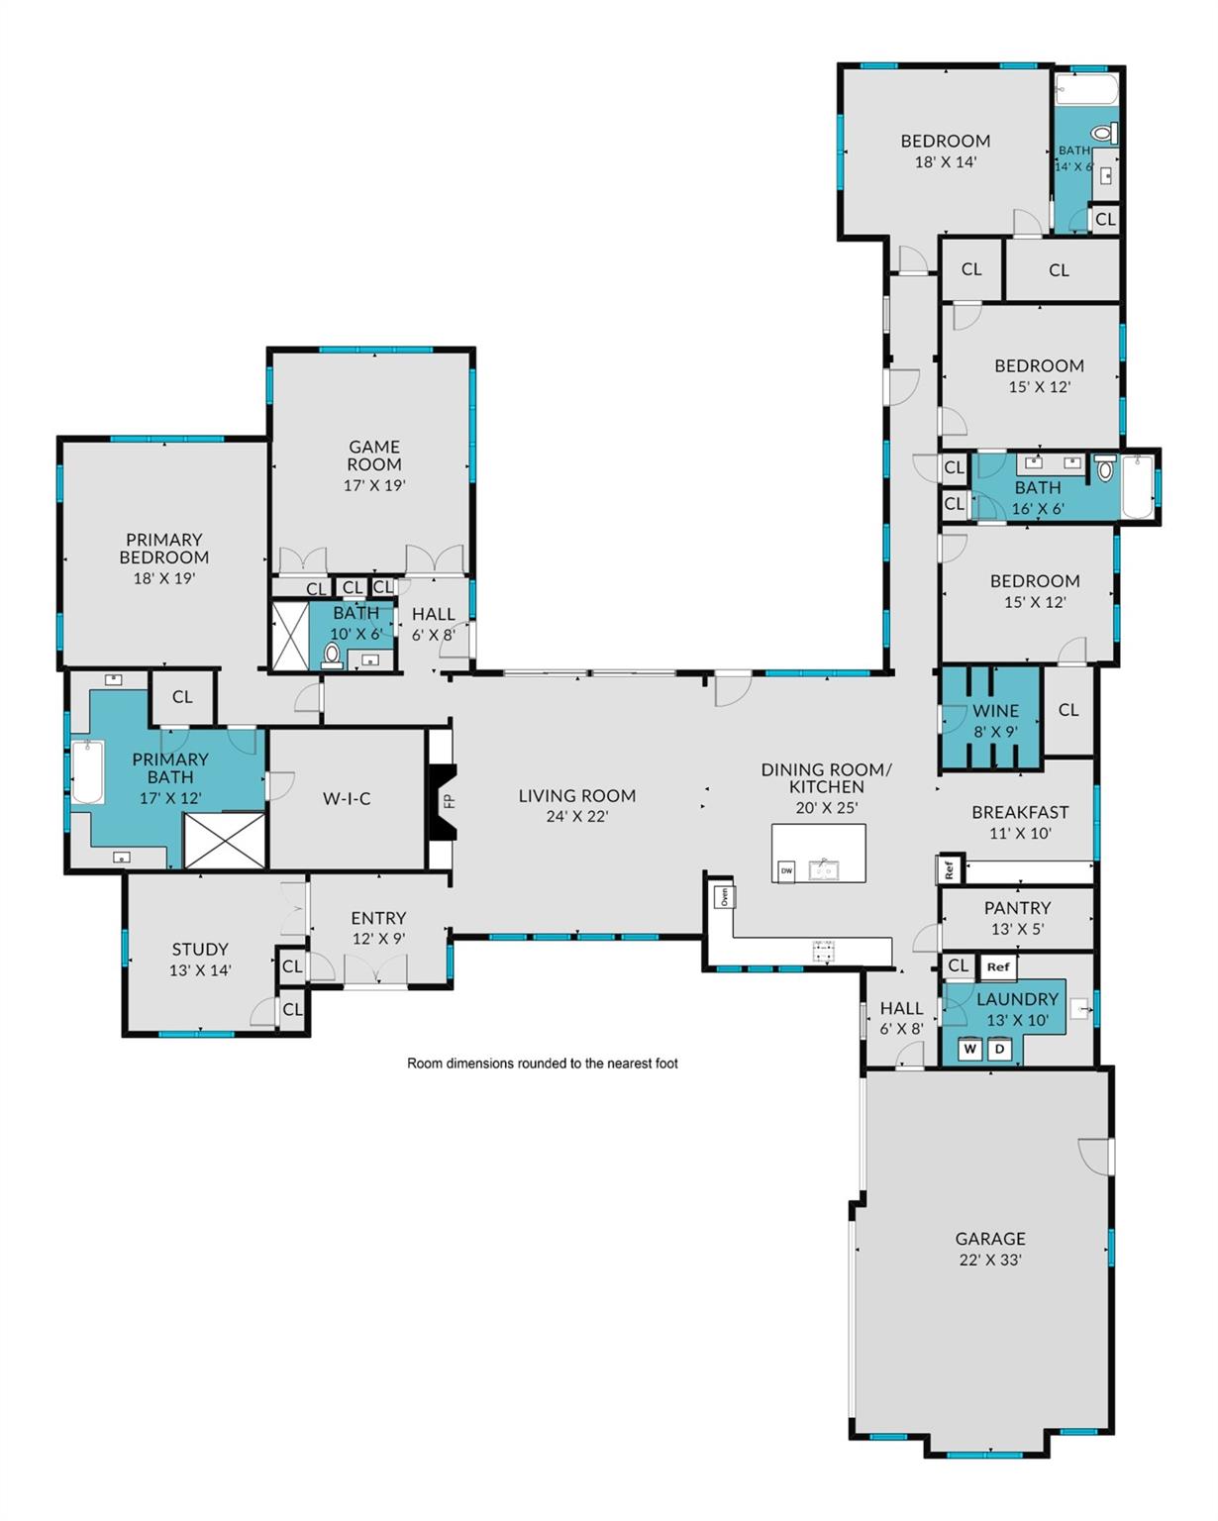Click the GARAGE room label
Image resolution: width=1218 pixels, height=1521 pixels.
pyautogui.click(x=989, y=1238)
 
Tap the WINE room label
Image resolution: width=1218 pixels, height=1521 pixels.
pyautogui.click(x=995, y=710)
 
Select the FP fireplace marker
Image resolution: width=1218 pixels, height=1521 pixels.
pyautogui.click(x=449, y=801)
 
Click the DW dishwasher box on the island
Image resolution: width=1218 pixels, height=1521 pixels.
pyautogui.click(x=786, y=871)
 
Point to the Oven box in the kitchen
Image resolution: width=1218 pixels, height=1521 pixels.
pyautogui.click(x=725, y=897)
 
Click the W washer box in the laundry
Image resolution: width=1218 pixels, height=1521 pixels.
pyautogui.click(x=969, y=1049)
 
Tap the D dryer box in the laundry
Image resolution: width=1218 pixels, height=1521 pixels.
pyautogui.click(x=999, y=1049)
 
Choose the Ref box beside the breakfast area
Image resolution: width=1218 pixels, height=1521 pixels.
pyautogui.click(x=949, y=868)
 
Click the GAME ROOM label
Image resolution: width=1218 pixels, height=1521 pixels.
pyautogui.click(x=374, y=456)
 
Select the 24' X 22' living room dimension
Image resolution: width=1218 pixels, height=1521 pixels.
pyautogui.click(x=577, y=816)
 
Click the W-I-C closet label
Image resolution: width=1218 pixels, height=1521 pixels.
pyautogui.click(x=347, y=799)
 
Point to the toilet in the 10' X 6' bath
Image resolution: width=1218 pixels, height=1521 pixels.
pyautogui.click(x=332, y=656)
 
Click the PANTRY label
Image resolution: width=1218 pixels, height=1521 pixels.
pyautogui.click(x=1017, y=907)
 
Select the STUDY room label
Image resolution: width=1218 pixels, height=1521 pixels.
pyautogui.click(x=200, y=950)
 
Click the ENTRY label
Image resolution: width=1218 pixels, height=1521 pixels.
pyautogui.click(x=378, y=918)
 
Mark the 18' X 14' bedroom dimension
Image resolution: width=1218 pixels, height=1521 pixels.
pyautogui.click(x=945, y=161)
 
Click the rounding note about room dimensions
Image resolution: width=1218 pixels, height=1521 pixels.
pyautogui.click(x=543, y=1063)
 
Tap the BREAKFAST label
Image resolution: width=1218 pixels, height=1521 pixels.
pyautogui.click(x=1019, y=812)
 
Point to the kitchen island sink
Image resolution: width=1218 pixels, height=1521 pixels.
pyautogui.click(x=823, y=869)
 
